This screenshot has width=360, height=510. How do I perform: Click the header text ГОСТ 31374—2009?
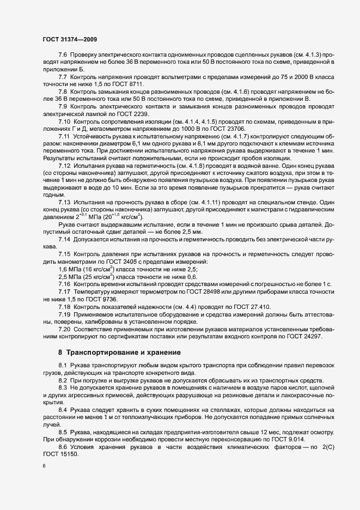69,40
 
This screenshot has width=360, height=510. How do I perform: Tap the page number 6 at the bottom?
44,466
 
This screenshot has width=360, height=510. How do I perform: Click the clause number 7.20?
65,329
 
